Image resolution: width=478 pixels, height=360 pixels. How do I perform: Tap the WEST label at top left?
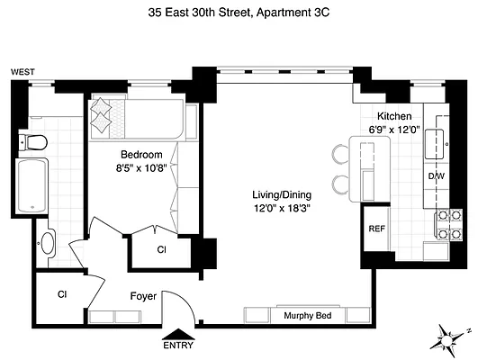(x=22, y=71)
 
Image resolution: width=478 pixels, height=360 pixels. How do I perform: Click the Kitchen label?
(x=394, y=116)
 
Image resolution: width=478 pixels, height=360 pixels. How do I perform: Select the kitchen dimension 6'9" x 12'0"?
(x=394, y=130)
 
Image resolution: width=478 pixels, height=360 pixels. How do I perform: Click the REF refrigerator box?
(x=376, y=229)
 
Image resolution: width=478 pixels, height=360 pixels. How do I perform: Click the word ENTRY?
(x=177, y=345)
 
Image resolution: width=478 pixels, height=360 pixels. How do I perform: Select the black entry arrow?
(x=177, y=331)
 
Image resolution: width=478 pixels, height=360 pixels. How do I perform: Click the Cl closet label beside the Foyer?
(x=62, y=293)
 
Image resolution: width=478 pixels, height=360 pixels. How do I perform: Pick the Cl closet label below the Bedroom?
(x=162, y=249)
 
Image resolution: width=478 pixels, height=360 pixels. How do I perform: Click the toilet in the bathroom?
(x=36, y=141)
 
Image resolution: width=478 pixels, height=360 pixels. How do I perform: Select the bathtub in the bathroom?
(x=36, y=188)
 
